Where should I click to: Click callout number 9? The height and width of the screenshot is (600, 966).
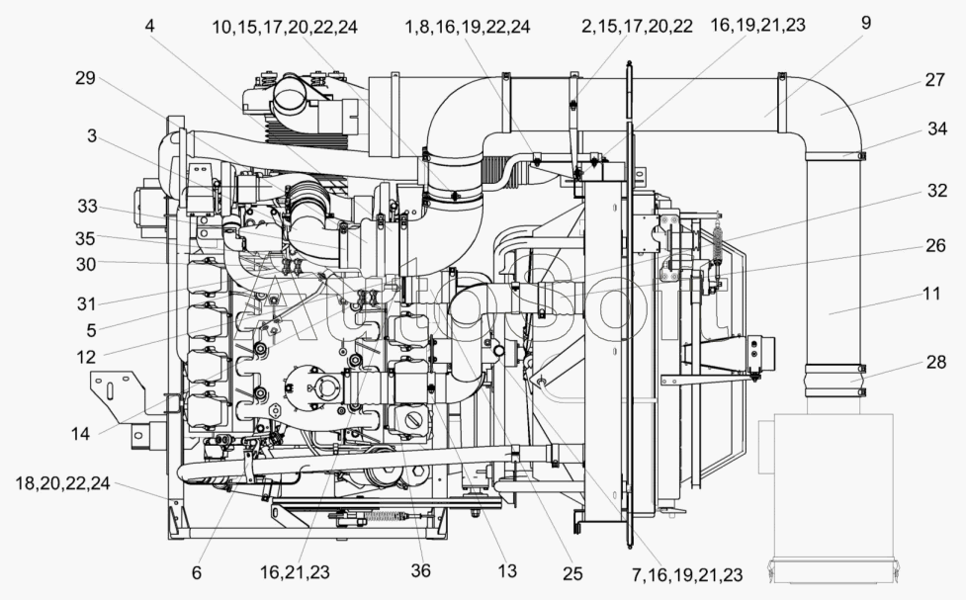pos(866,21)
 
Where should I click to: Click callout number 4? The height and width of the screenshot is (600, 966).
pos(149,26)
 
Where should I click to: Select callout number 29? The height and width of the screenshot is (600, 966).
pos(84,78)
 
